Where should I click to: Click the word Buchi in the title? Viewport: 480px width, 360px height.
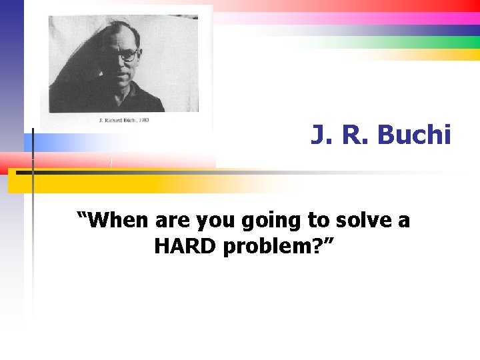point(414,135)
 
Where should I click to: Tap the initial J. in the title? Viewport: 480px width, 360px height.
point(319,135)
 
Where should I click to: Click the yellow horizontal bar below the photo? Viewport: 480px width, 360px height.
point(100,183)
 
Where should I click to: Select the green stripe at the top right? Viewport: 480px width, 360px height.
point(427,42)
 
